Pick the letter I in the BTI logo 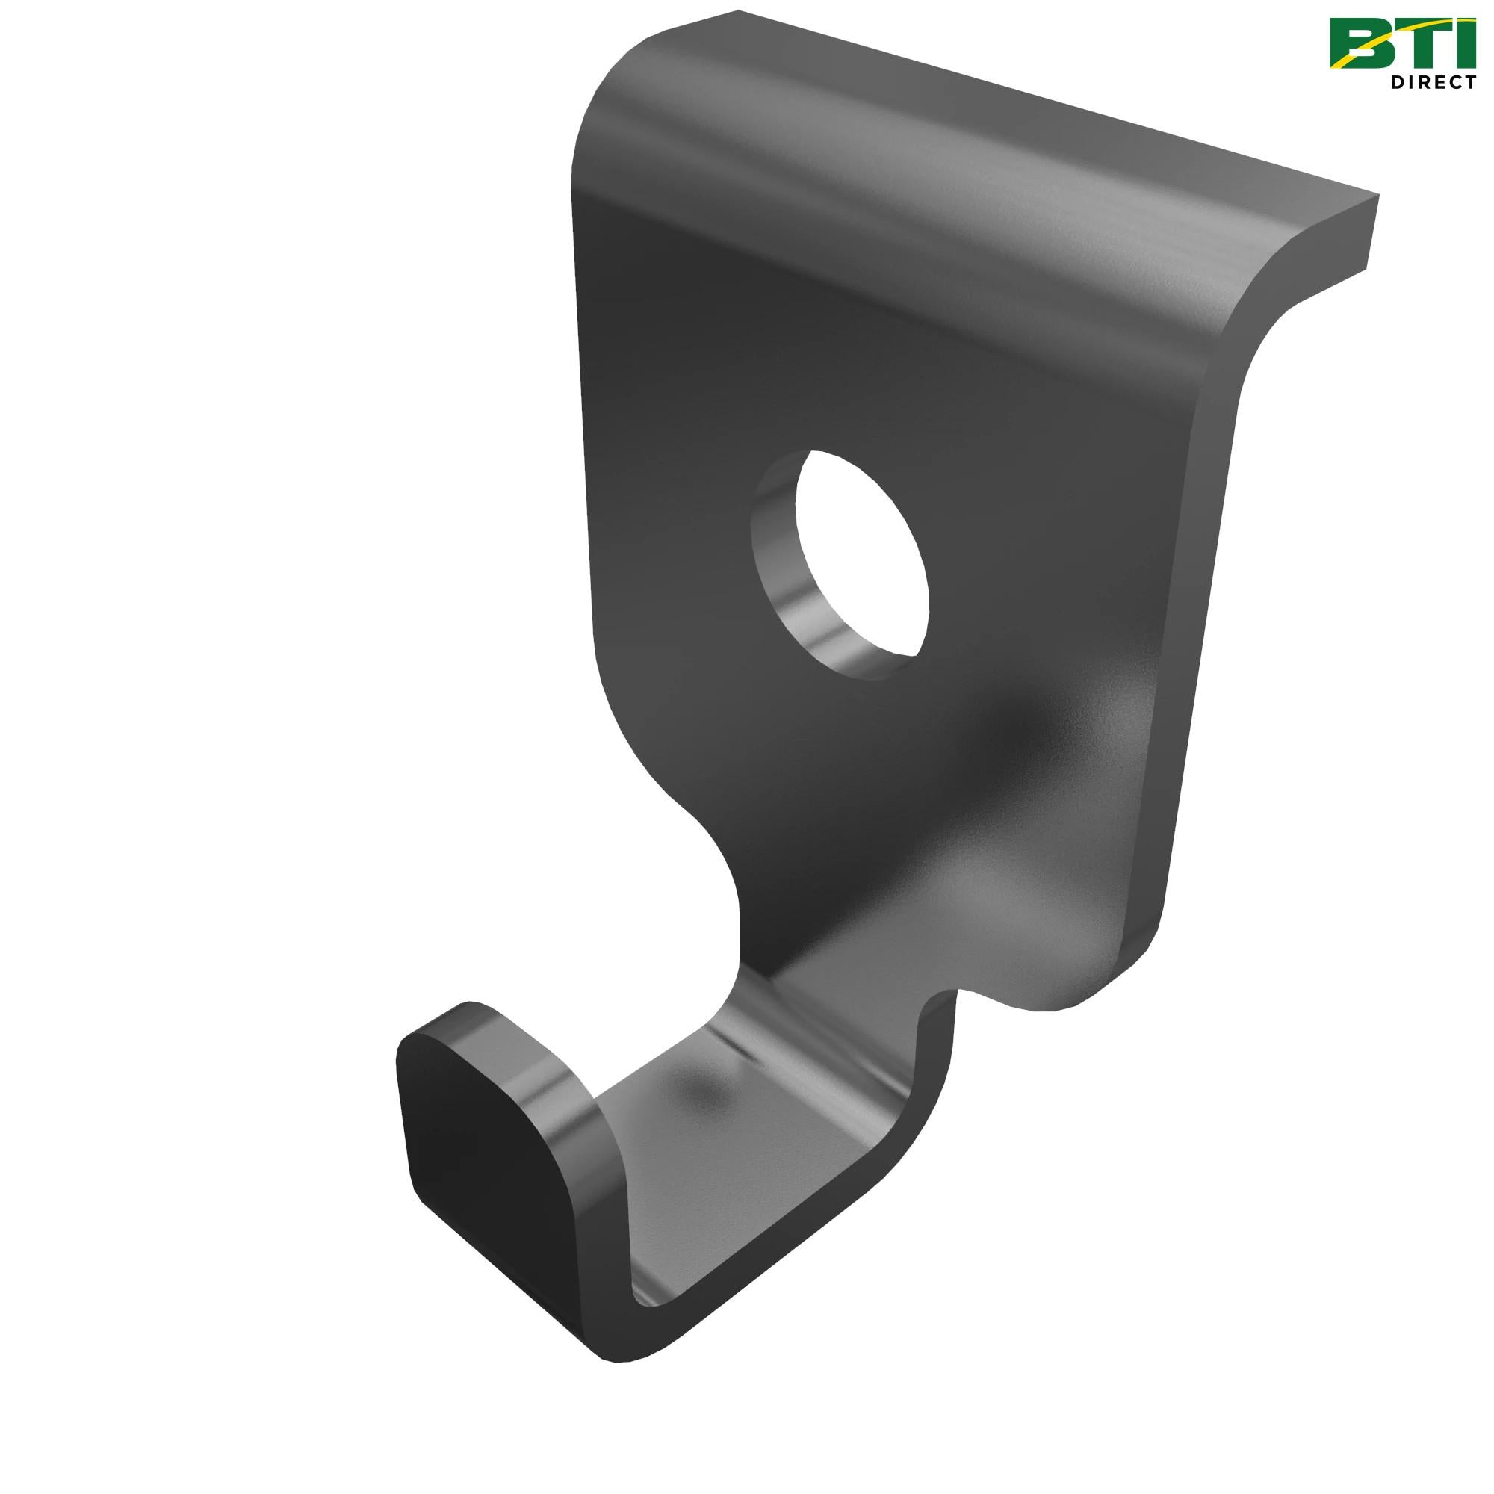(x=1465, y=43)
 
